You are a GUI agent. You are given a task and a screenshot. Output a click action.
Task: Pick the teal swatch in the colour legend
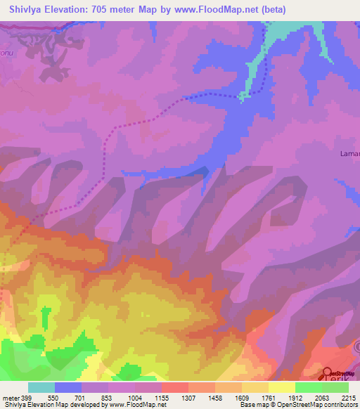coord(41,387)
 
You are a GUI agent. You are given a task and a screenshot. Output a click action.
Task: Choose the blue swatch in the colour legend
coord(68,387)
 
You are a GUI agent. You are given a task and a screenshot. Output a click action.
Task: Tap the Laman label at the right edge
coord(350,154)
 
